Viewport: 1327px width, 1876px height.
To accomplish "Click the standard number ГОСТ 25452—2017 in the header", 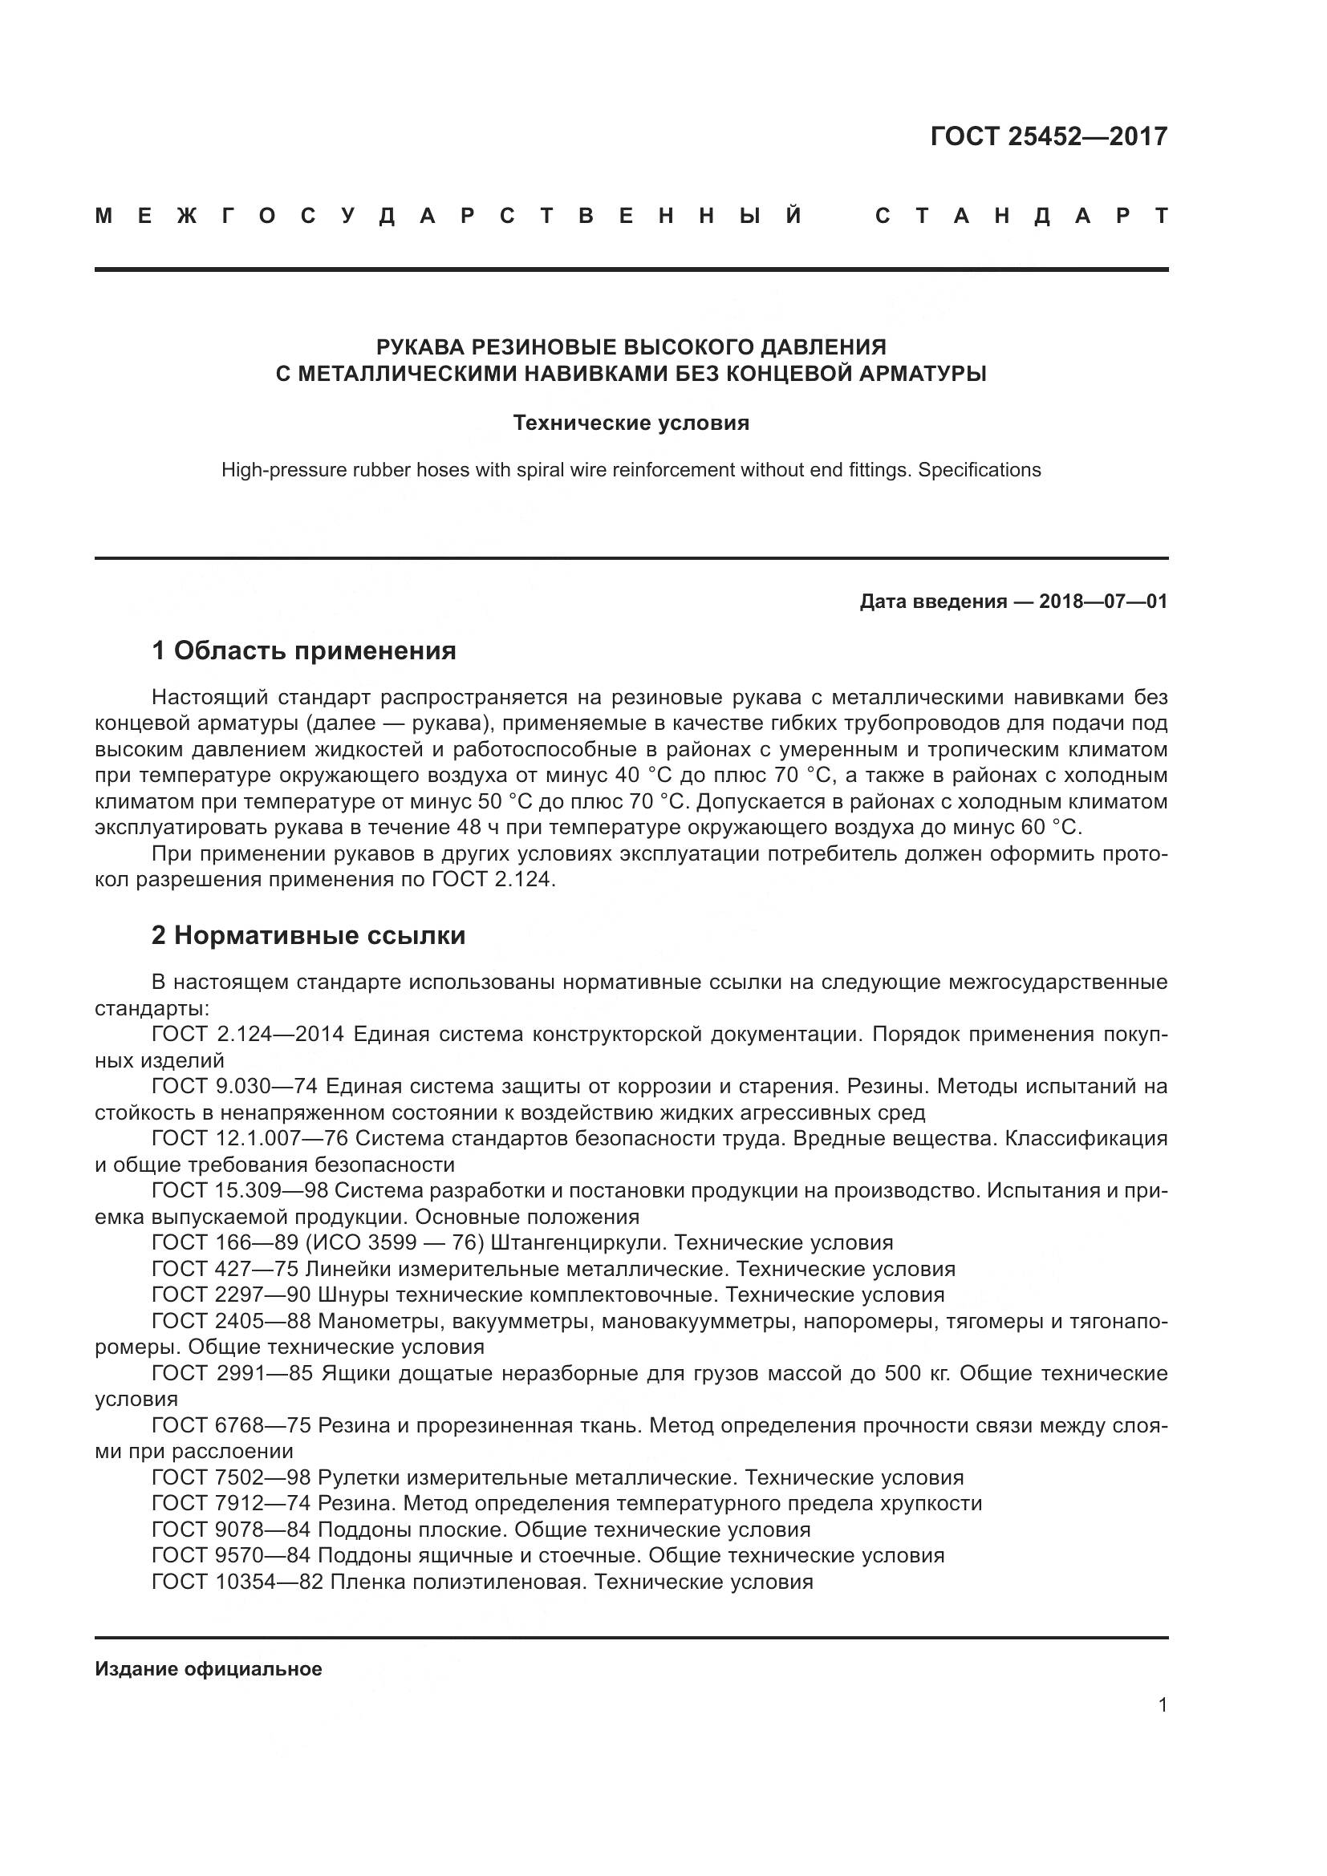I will [x=1049, y=136].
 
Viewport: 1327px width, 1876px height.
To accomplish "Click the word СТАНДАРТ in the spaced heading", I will [x=1021, y=217].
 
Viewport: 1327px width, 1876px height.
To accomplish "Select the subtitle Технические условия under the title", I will [x=631, y=423].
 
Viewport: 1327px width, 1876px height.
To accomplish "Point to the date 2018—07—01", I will [x=1103, y=602].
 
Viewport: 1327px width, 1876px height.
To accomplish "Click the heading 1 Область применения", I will [x=303, y=651].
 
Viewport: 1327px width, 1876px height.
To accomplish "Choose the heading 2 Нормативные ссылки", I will [x=308, y=935].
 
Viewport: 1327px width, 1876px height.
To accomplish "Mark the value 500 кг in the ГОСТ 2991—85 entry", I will [x=918, y=1373].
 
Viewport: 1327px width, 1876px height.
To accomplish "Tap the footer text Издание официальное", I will [x=209, y=1669].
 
